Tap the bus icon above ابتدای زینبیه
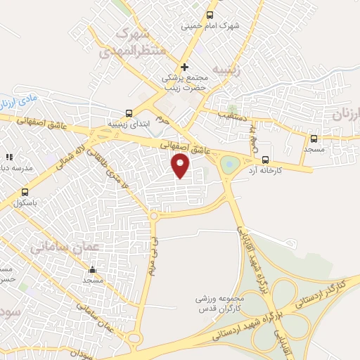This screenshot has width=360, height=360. pyautogui.click(x=128, y=112)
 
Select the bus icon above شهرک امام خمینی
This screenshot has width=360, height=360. pyautogui.click(x=220, y=15)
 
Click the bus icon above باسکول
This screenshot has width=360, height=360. pyautogui.click(x=25, y=192)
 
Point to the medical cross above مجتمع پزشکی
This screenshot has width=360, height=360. pyautogui.click(x=184, y=67)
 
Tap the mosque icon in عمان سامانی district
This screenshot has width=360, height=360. pyautogui.click(x=92, y=269)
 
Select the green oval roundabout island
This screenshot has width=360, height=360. pyautogui.click(x=229, y=165)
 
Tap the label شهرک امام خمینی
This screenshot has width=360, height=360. pyautogui.click(x=210, y=26)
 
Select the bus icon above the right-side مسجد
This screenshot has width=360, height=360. pyautogui.click(x=314, y=139)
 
